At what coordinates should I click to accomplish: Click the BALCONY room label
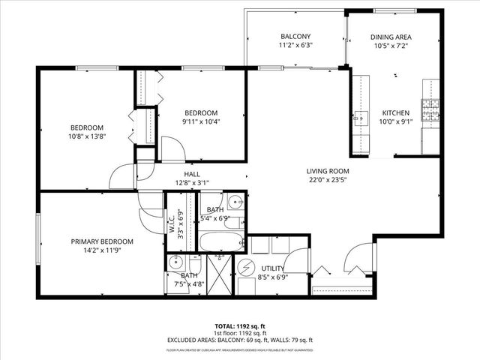click(x=295, y=36)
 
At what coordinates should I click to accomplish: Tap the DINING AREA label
click(x=391, y=36)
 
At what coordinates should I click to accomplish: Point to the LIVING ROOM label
click(x=327, y=170)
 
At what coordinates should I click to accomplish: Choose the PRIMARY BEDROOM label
click(x=102, y=241)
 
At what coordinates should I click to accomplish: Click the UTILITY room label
click(x=272, y=268)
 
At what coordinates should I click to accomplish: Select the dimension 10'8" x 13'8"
click(x=87, y=136)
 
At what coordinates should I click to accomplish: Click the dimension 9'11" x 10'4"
click(x=202, y=121)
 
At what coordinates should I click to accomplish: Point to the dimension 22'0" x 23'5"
click(x=327, y=180)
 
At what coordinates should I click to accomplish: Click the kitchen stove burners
click(x=431, y=112)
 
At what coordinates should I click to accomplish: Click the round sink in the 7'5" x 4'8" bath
click(x=178, y=263)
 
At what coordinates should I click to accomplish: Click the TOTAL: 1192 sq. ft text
click(x=240, y=326)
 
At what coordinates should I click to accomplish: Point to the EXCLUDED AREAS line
click(x=240, y=341)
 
